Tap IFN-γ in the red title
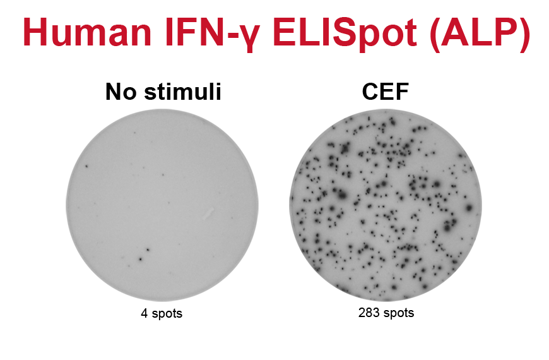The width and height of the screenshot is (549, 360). pos(212,34)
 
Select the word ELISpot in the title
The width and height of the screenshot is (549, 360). pos(345,34)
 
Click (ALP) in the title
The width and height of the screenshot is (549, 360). pos(480,33)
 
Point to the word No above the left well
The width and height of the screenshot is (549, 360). pos(121,92)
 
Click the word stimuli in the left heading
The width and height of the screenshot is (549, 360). pos(183,92)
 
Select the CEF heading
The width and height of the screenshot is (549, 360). pos(385,92)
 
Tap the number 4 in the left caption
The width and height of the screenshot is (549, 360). pos(144,313)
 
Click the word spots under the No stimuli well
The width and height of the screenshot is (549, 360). pos(167,314)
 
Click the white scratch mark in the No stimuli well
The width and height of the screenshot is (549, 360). pos(208,213)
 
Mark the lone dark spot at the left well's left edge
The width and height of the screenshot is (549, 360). pos(86,166)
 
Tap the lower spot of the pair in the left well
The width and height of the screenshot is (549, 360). pos(140,260)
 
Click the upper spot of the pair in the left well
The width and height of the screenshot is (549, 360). pos(148,250)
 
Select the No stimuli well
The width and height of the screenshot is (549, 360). pos(162,205)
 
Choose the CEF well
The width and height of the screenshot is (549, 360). pos(386,205)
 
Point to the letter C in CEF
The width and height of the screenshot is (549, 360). pos(370,92)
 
